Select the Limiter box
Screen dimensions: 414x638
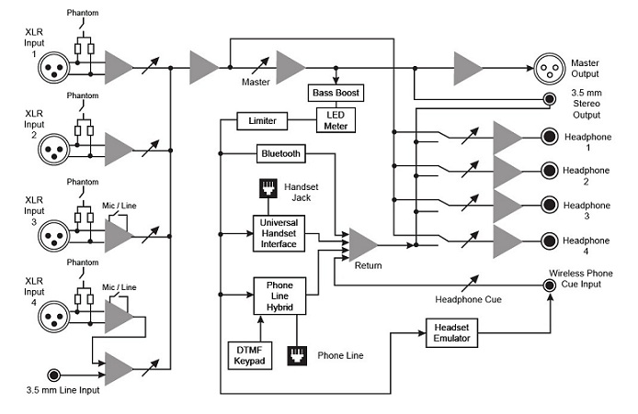click(264, 120)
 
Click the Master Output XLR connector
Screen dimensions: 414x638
click(549, 68)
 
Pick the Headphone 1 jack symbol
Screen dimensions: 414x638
click(549, 139)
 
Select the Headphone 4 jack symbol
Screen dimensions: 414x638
click(549, 241)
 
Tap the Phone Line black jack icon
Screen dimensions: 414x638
click(297, 353)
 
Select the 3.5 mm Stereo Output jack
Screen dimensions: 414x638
click(549, 100)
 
